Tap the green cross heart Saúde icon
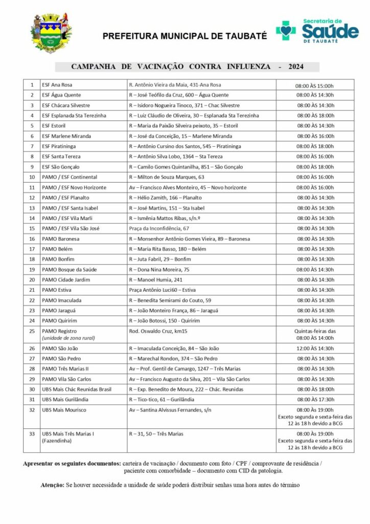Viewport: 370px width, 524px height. tap(286, 30)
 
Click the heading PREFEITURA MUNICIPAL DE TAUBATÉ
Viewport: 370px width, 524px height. tap(185, 36)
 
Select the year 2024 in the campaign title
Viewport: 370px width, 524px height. tap(296, 67)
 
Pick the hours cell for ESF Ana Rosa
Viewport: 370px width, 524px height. tap(315, 85)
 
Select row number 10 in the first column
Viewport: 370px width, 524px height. tap(32, 177)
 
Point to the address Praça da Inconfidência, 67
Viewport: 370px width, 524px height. tap(159, 229)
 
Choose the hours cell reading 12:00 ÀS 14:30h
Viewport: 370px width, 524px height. tap(315, 348)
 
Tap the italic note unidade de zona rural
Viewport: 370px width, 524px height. tap(68, 338)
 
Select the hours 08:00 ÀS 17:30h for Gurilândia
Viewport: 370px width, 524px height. tap(315, 400)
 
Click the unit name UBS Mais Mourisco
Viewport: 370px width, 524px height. tap(64, 410)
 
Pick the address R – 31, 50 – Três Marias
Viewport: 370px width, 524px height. tap(156, 434)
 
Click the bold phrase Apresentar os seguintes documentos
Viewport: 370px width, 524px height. tap(72, 463)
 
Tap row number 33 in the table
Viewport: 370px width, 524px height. tap(32, 434)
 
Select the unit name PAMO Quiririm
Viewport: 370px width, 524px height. tap(59, 321)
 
